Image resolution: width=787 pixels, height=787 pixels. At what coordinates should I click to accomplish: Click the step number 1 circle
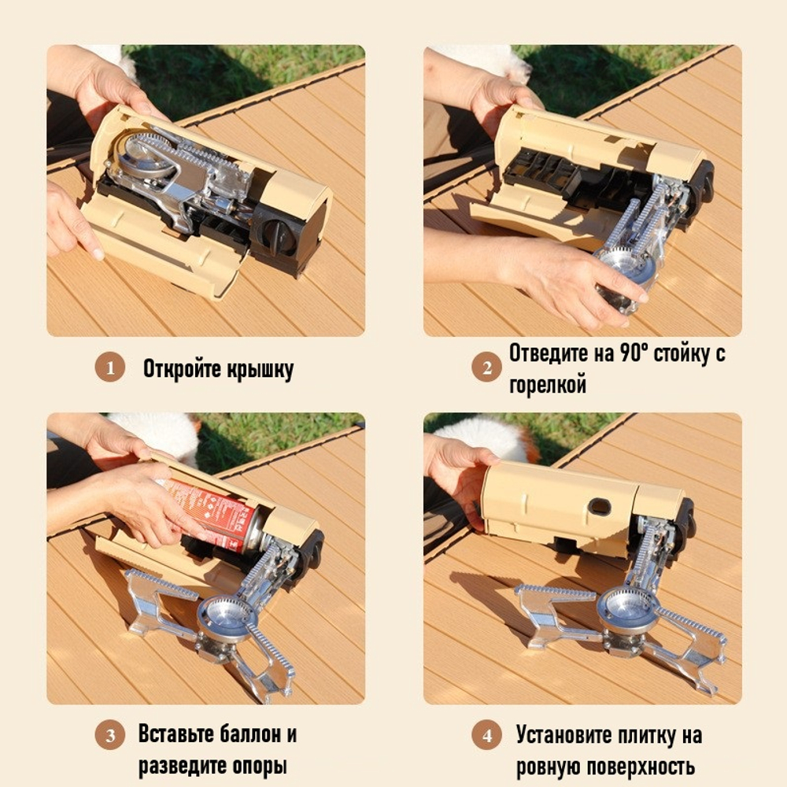coord(110,368)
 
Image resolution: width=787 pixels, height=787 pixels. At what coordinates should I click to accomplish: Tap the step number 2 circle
coord(486,368)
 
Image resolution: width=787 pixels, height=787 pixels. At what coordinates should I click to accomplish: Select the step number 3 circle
coord(110,736)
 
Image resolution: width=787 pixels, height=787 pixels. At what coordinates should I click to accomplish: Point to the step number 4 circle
coord(486,736)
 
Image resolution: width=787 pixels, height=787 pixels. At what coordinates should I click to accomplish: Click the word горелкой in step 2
coord(548,386)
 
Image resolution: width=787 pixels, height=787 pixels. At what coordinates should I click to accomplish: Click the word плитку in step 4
coord(637,736)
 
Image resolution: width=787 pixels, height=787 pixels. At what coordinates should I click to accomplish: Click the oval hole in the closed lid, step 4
coord(600,506)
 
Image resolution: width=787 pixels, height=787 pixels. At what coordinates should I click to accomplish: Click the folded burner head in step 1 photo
coord(146,156)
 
